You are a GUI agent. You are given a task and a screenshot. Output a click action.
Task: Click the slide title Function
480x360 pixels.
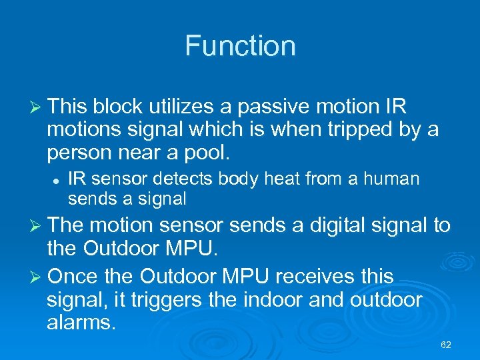pos(240,46)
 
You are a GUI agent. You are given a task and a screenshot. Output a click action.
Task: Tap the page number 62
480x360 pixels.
pos(446,345)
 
